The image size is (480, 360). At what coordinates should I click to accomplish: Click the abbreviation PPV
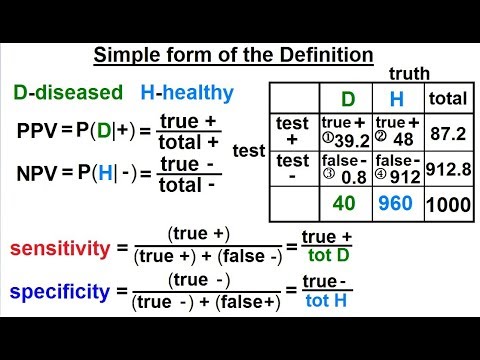pyautogui.click(x=38, y=130)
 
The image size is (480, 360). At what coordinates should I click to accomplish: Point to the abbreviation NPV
pyautogui.click(x=38, y=175)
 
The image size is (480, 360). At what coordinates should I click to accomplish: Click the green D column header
pyautogui.click(x=349, y=99)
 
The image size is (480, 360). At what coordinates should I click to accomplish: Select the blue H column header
pyautogui.click(x=396, y=99)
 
